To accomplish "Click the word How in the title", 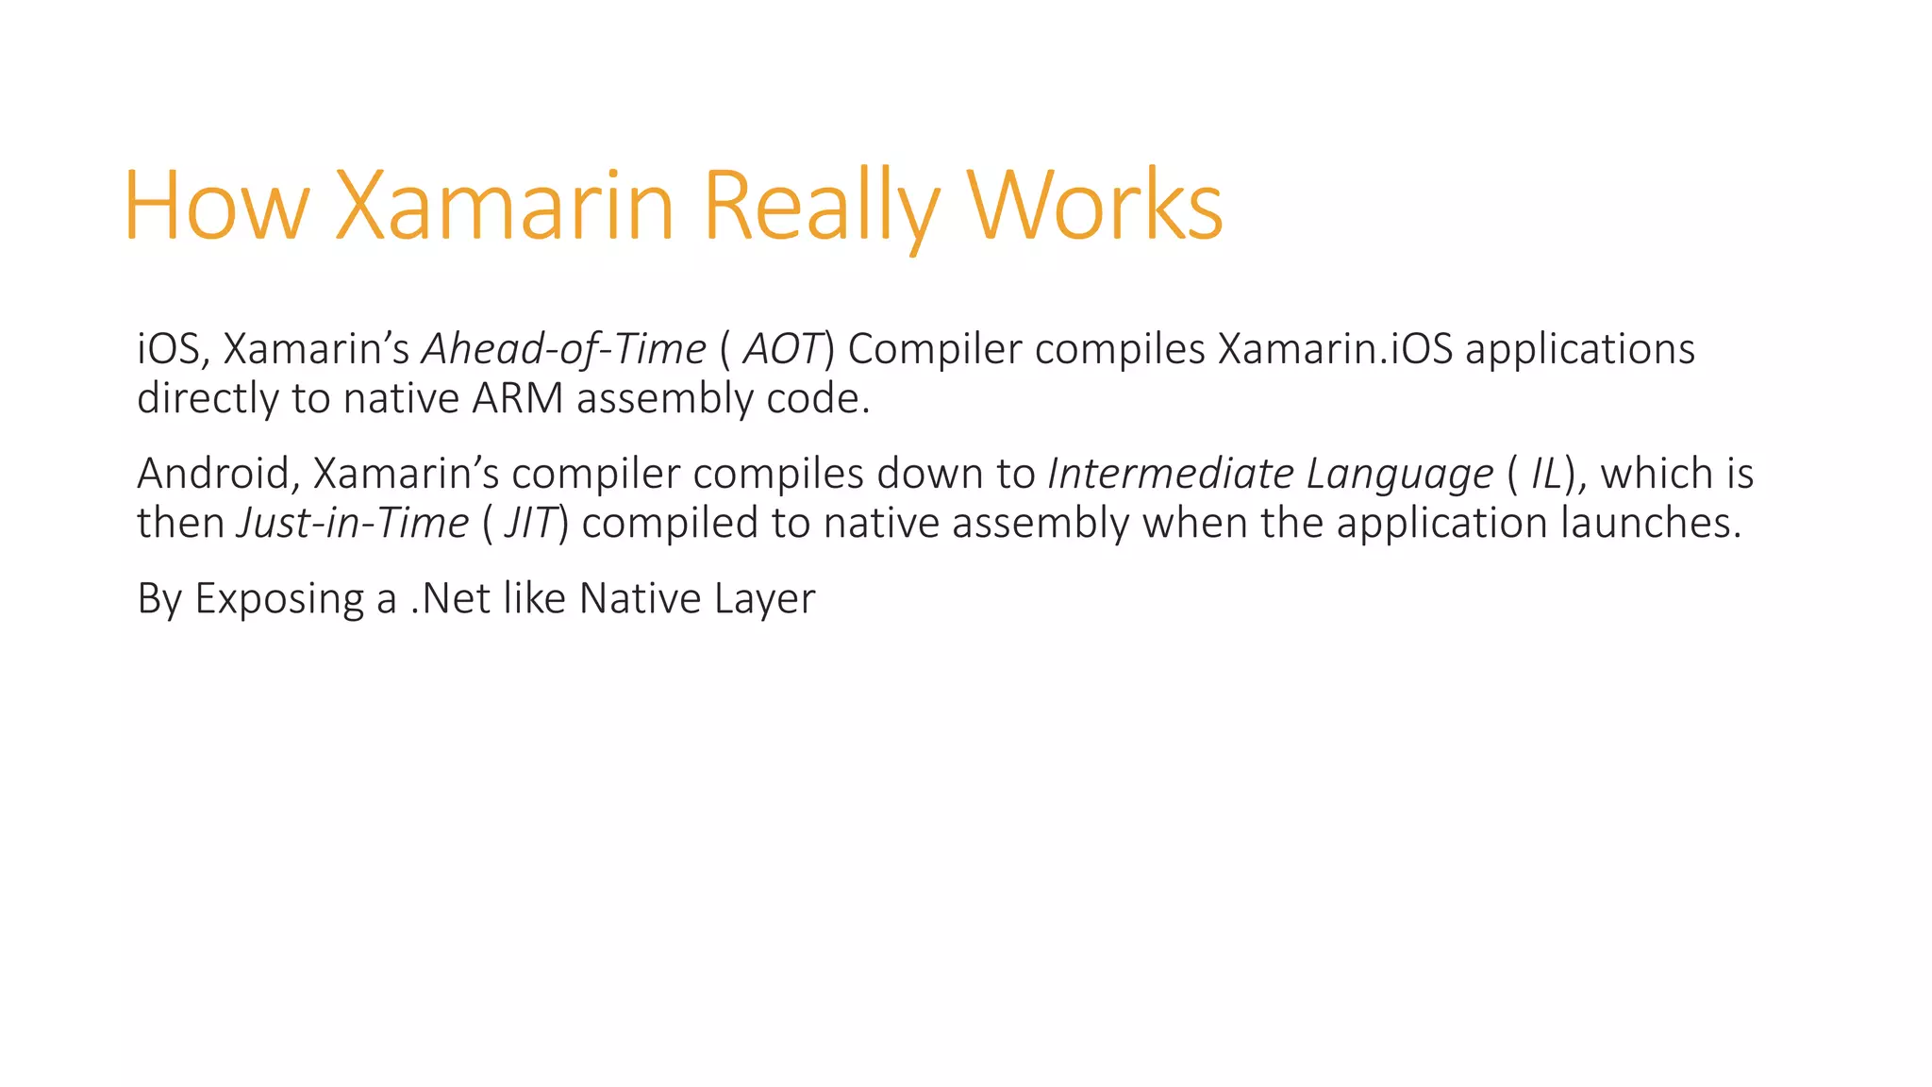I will pyautogui.click(x=216, y=206).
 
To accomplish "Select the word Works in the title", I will pyautogui.click(x=1095, y=206).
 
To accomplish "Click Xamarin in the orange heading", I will pyautogui.click(x=505, y=206).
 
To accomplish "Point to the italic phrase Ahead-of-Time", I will pyautogui.click(x=563, y=349).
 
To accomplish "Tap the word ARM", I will pyautogui.click(x=517, y=398).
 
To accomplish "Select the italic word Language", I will pyautogui.click(x=1400, y=474).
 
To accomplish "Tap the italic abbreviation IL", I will pyautogui.click(x=1547, y=474).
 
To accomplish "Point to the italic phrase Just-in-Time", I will pyautogui.click(x=352, y=523).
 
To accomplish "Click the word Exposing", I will pyautogui.click(x=279, y=598).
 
